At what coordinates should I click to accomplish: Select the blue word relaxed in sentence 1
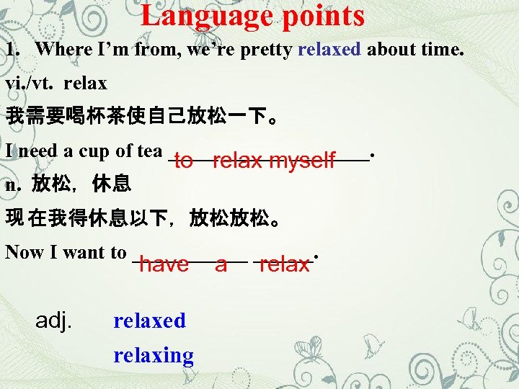pyautogui.click(x=329, y=49)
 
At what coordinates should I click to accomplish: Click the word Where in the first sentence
pyautogui.click(x=60, y=49)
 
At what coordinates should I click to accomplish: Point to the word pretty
pyautogui.click(x=267, y=50)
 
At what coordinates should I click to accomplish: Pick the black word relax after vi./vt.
pyautogui.click(x=85, y=83)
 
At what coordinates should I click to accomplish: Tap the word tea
pyautogui.click(x=149, y=151)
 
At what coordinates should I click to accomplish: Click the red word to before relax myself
pyautogui.click(x=183, y=161)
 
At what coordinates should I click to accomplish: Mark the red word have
pyautogui.click(x=164, y=264)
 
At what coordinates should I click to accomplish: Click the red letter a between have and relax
pyautogui.click(x=221, y=265)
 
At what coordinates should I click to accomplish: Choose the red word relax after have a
pyautogui.click(x=284, y=264)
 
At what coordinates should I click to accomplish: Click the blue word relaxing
pyautogui.click(x=154, y=355)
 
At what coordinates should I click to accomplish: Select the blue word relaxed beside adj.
pyautogui.click(x=149, y=321)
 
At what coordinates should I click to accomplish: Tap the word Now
pyautogui.click(x=23, y=252)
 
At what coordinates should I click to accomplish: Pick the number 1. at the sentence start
pyautogui.click(x=12, y=49)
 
